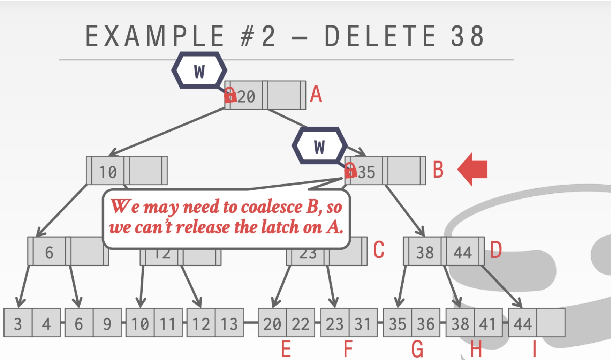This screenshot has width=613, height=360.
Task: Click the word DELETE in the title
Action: pos(380,36)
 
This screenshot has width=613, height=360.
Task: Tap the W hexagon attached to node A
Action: pos(199,71)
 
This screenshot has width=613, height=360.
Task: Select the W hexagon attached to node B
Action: pos(319,146)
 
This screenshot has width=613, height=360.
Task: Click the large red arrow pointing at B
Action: pos(472,169)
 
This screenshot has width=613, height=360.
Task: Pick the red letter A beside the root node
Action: pos(316,94)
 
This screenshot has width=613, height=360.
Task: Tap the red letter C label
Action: pos(379,250)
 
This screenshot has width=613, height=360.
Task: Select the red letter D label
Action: pos(496,250)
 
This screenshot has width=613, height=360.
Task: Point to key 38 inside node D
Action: pos(425,252)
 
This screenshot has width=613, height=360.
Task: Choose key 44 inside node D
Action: pos(462,252)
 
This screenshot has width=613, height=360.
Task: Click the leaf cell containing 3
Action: pos(18,323)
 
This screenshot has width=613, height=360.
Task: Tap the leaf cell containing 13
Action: pos(229,323)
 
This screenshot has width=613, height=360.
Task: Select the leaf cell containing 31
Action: pos(363,323)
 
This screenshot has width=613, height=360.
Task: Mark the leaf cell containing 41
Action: pos(488,323)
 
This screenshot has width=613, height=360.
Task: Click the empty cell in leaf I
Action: pos(551,323)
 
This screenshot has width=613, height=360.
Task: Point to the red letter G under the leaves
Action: pos(417,349)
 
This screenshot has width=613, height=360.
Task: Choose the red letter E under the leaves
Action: pos(286,349)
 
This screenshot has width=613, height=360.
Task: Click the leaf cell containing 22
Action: pos(300,323)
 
